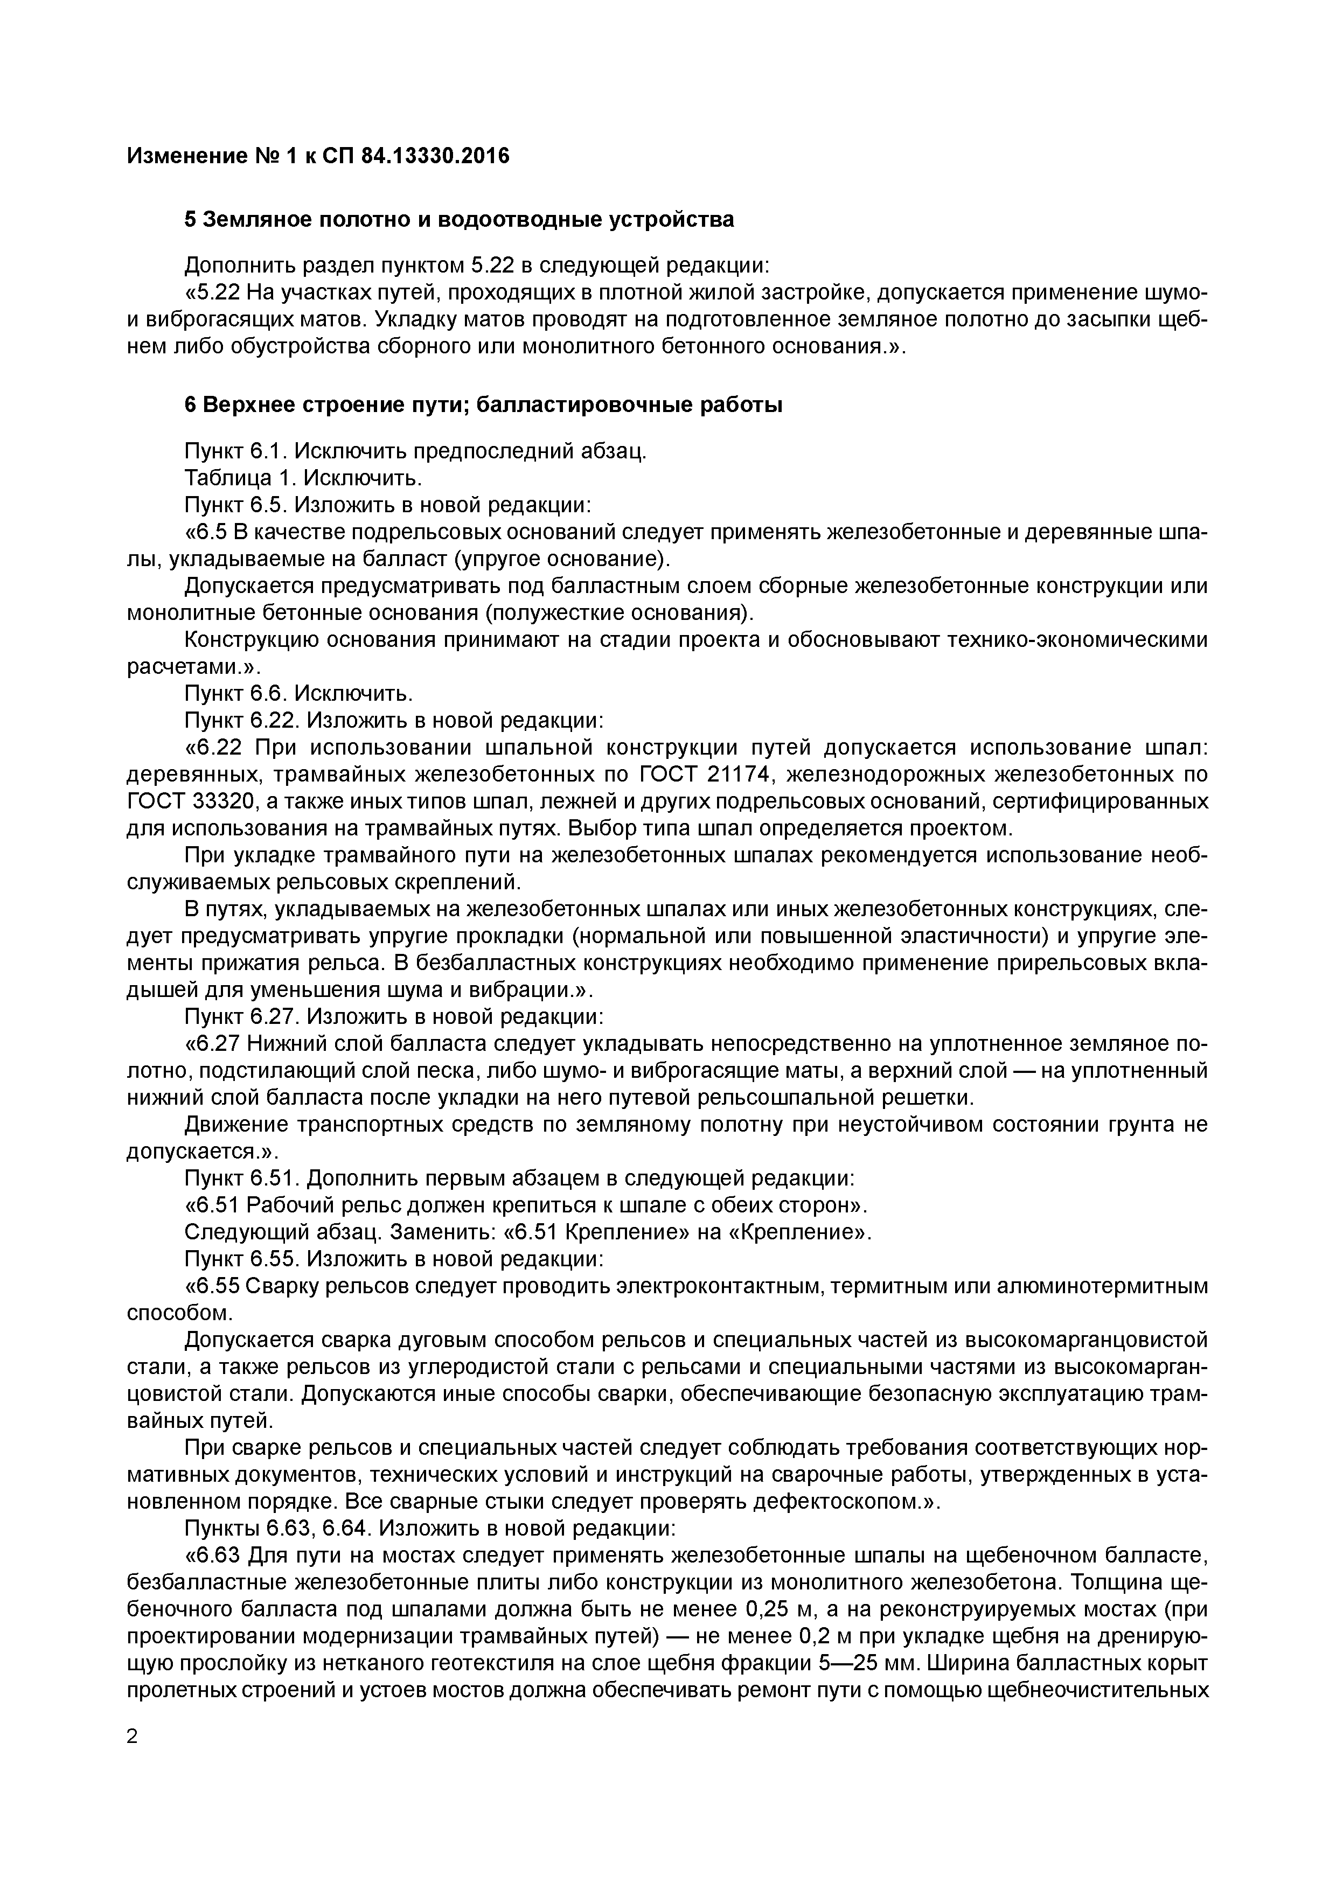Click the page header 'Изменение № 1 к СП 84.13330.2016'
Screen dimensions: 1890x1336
click(318, 156)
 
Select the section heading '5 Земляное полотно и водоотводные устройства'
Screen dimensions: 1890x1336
click(458, 220)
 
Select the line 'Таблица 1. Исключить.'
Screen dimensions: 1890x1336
click(303, 478)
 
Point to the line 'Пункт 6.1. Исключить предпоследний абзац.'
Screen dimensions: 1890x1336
click(415, 451)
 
